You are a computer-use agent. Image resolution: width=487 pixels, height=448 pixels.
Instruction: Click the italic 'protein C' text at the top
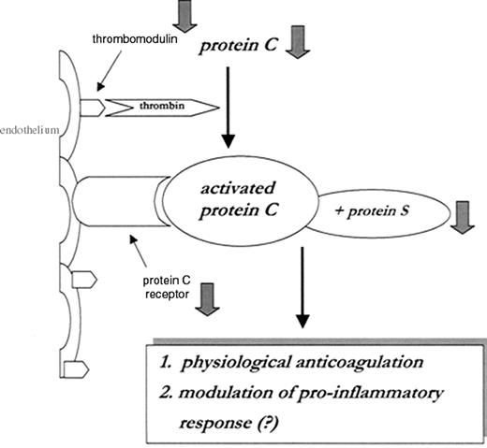click(x=237, y=46)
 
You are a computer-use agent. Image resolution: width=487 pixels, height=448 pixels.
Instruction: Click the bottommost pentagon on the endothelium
click(x=77, y=369)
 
